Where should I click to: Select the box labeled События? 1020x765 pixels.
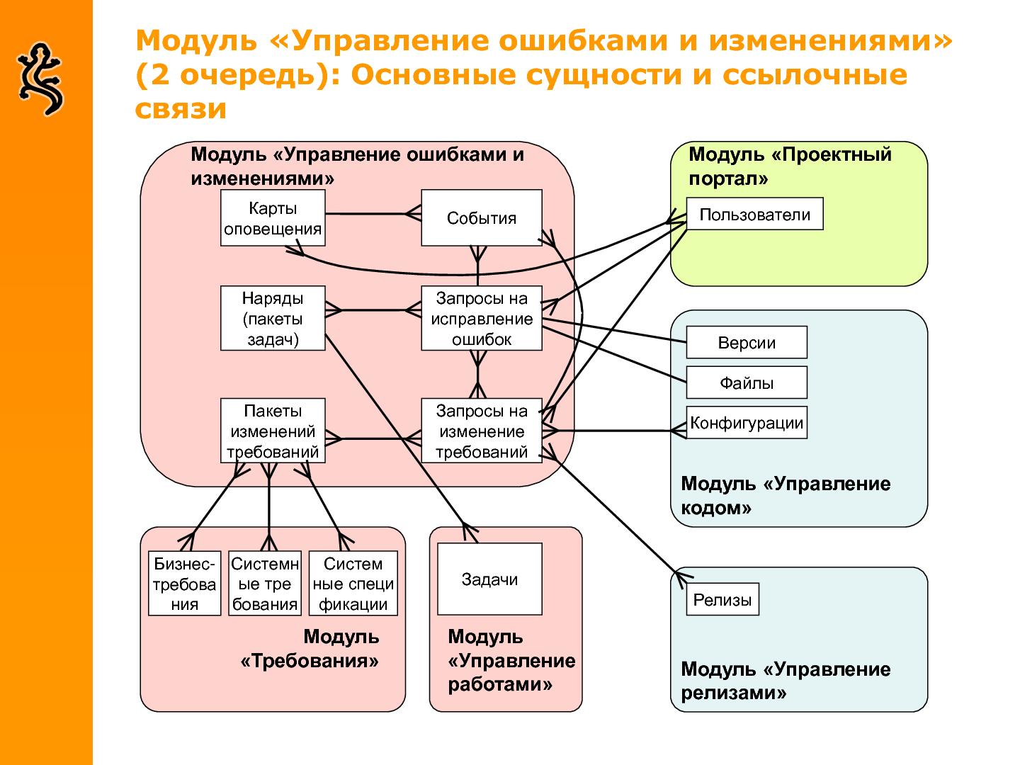(x=481, y=218)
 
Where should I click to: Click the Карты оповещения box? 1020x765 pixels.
(x=273, y=218)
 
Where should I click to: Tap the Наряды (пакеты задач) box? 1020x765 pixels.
(x=273, y=318)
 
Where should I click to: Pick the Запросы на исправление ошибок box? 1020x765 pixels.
(x=481, y=318)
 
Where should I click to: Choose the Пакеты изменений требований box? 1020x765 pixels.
(x=273, y=431)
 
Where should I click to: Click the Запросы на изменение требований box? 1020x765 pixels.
(x=481, y=431)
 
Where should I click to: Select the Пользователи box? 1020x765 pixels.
(x=754, y=214)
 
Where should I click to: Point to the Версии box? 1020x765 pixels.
(x=747, y=342)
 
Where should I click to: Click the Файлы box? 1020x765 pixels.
(x=747, y=382)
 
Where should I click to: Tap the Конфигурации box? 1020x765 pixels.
(x=747, y=423)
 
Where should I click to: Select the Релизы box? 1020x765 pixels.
(x=722, y=599)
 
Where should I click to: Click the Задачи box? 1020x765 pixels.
(x=489, y=579)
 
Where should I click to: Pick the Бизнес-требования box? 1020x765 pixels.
(x=184, y=584)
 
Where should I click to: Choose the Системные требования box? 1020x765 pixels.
(x=265, y=584)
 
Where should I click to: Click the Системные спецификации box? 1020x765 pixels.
(x=353, y=584)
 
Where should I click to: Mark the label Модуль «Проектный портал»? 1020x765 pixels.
(x=789, y=166)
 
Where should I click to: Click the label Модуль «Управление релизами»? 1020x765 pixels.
(x=785, y=680)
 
